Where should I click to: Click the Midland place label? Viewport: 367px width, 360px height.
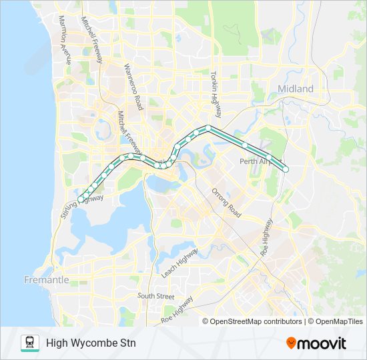coord(295,89)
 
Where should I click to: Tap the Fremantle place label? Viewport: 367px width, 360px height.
coord(46,279)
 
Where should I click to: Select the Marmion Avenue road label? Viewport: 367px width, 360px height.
coord(65,40)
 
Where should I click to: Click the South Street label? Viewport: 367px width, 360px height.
coord(155,295)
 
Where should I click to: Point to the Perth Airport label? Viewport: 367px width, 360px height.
coord(254,161)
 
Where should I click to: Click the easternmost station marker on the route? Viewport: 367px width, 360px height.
coord(285,169)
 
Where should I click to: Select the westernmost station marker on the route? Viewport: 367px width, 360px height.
coord(81,199)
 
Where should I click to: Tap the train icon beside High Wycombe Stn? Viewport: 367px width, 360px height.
coord(30,343)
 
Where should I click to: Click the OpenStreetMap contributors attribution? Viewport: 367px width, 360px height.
coord(253,321)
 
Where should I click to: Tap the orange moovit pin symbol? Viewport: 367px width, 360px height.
coord(292,343)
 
